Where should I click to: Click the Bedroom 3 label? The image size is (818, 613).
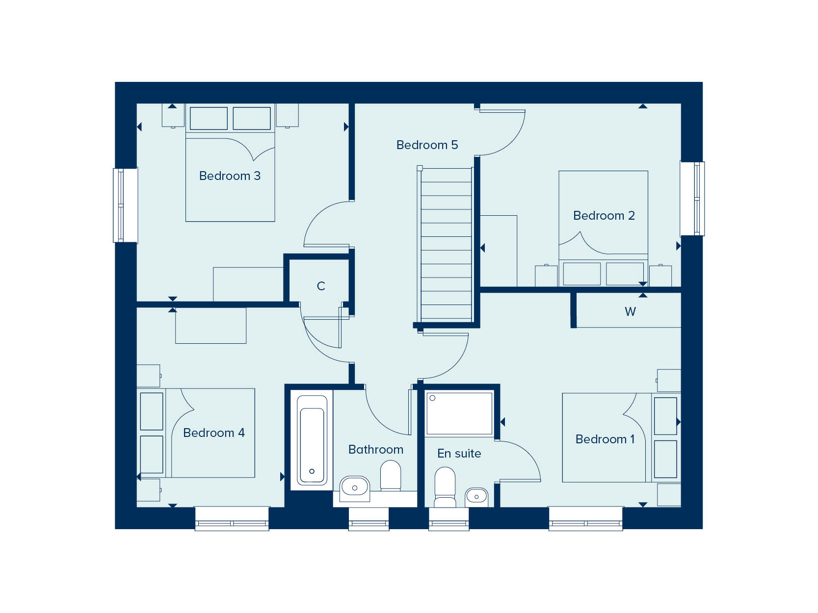230,176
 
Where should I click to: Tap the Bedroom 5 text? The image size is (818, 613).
427,145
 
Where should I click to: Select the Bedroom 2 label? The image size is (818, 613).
604,215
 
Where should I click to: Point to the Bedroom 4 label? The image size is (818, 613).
213,433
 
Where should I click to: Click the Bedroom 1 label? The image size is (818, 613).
605,439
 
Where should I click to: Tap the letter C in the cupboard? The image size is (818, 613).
321,286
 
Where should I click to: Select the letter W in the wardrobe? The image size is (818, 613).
630,311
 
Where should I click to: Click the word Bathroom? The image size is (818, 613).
375,449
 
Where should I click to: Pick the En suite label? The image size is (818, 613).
459,454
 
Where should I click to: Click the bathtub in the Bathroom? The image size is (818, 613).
312,439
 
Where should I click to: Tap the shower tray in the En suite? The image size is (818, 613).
459,413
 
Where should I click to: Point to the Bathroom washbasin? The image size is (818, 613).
354,487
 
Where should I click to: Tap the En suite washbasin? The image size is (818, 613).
476,497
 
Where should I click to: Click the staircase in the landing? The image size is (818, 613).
446,245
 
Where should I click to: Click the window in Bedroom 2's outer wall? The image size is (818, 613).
692,199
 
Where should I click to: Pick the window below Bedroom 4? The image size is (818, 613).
232,519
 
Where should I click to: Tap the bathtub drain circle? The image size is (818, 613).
312,471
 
